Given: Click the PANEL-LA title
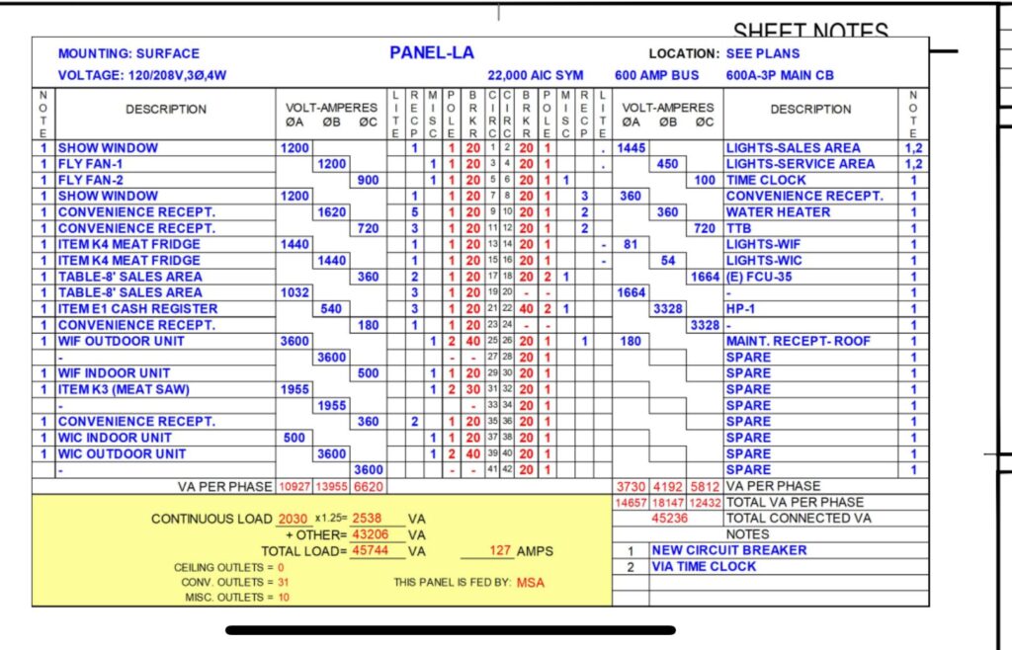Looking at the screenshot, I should point(431,53).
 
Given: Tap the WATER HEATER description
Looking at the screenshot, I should point(778,212).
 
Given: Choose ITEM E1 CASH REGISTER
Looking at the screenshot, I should point(125,309).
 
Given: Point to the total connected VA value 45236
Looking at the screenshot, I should point(668,519).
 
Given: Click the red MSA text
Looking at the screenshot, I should point(531,583).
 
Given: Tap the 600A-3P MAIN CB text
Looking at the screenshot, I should point(781,75).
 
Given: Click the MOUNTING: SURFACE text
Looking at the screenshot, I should point(128,54).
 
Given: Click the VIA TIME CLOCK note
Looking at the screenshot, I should point(704,567).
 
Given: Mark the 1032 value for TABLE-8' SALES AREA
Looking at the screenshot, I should point(295,293).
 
